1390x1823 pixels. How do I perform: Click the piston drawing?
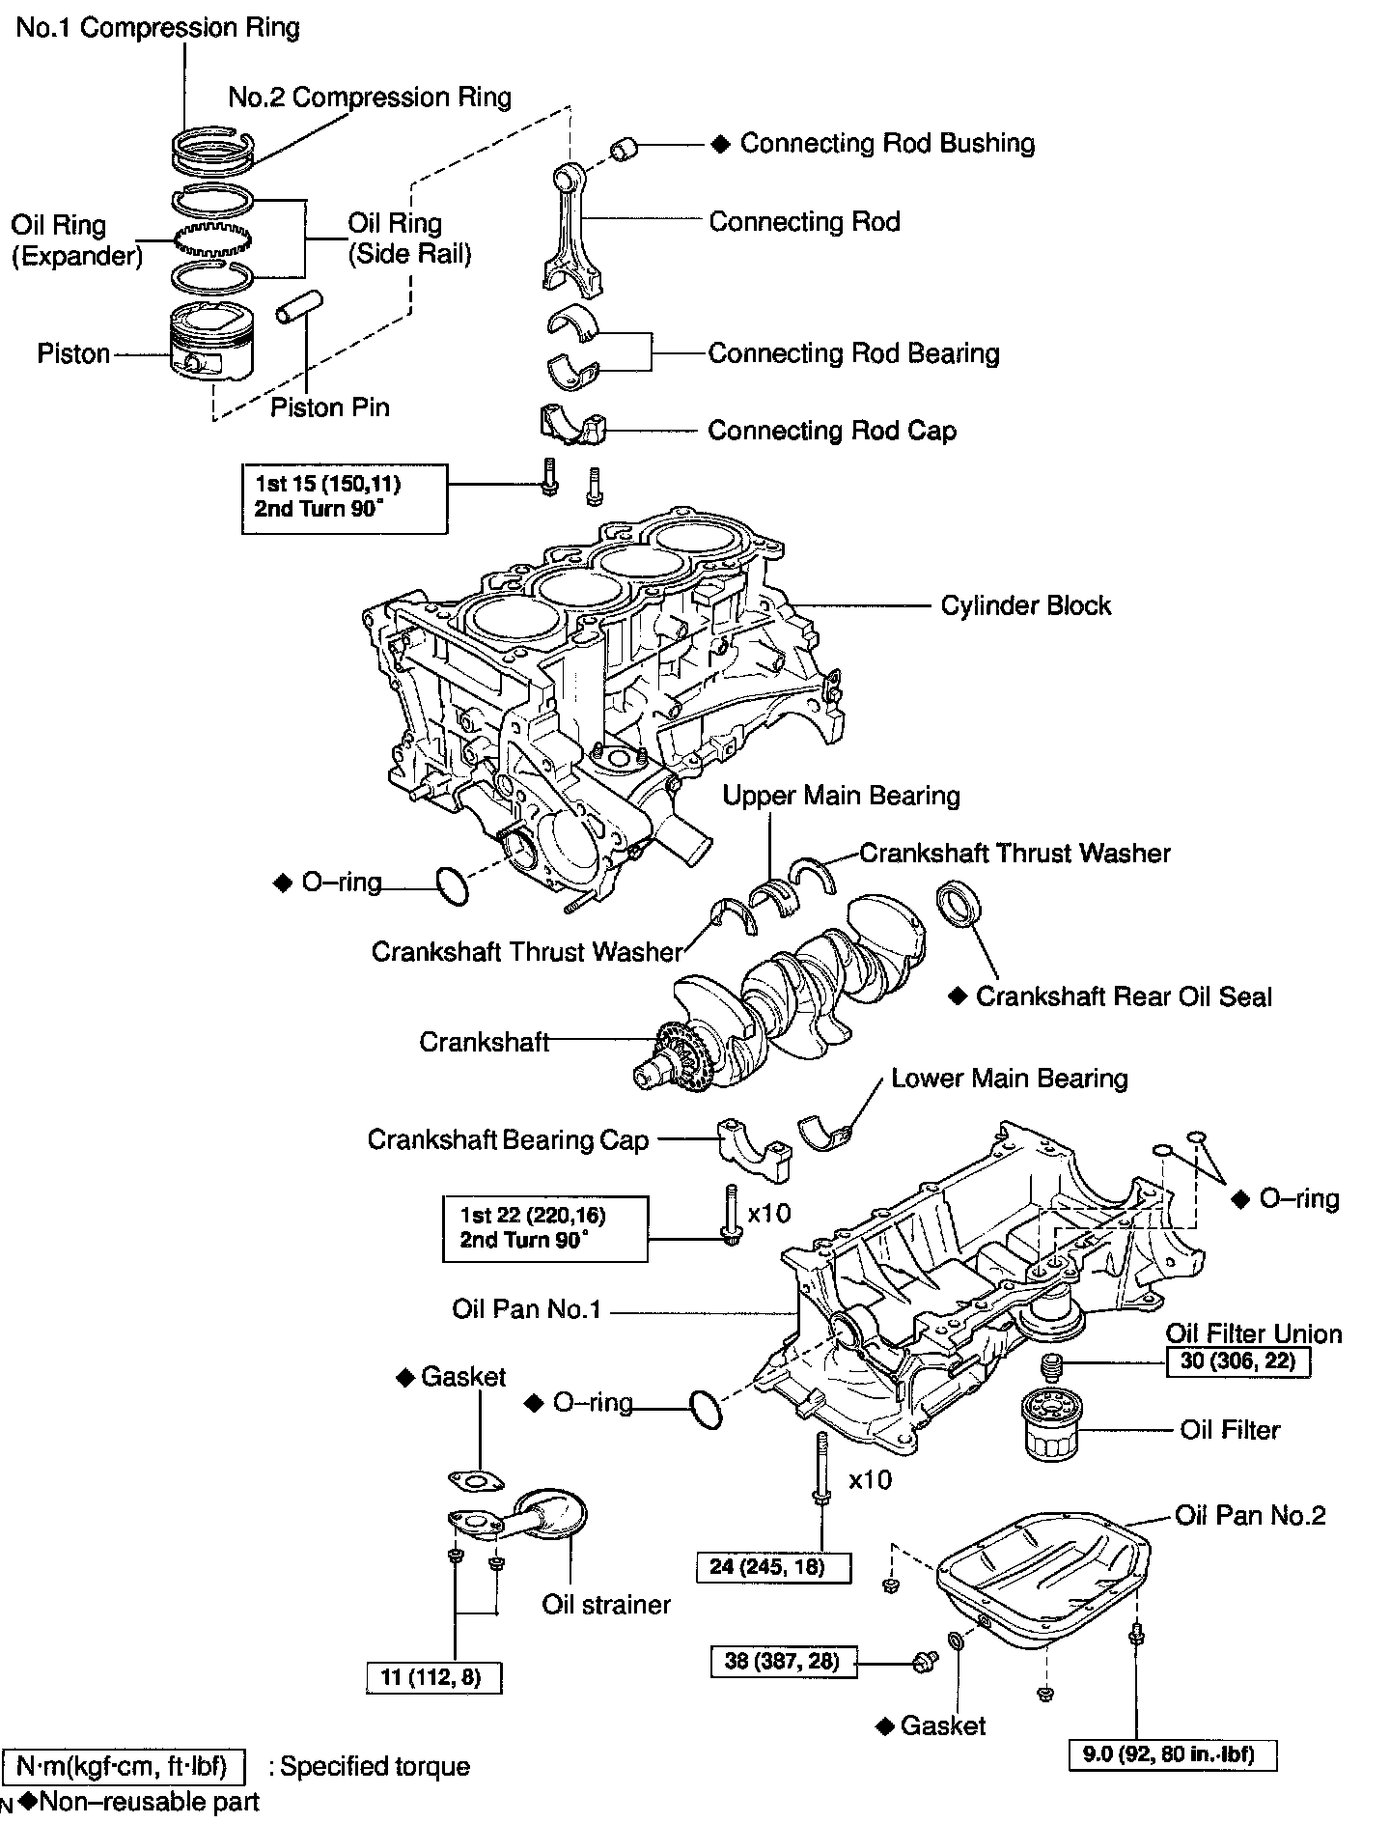click(213, 342)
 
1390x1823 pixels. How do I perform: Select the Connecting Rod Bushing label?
click(887, 143)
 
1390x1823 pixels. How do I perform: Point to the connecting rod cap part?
click(571, 426)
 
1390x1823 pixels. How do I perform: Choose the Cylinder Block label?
click(1025, 605)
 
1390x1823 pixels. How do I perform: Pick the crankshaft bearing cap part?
click(755, 1149)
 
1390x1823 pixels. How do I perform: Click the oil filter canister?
click(1049, 1423)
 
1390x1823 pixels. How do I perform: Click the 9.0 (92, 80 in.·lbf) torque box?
click(1173, 1754)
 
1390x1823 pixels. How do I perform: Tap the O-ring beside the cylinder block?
click(452, 885)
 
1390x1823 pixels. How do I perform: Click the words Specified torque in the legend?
click(375, 1766)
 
